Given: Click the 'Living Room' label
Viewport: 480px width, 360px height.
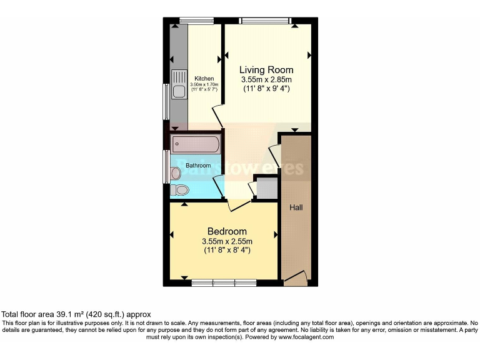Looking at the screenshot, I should (267, 70).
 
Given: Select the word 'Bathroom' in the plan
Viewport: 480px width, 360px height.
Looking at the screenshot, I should (197, 166).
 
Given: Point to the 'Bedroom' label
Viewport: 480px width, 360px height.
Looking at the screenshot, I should (227, 231).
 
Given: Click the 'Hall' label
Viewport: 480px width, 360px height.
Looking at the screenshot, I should (296, 207).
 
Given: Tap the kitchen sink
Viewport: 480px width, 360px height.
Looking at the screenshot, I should (179, 91).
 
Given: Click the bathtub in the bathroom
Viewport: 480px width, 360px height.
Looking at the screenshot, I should (195, 145).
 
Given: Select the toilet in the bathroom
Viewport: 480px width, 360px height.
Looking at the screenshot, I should (181, 189).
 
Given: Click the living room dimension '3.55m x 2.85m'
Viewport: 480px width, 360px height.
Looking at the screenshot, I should (267, 80).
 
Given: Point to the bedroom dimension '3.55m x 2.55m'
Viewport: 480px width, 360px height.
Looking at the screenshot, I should (227, 242).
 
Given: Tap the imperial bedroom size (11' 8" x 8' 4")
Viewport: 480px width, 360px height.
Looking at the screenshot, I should (227, 251).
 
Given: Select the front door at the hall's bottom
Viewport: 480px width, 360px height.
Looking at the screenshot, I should (295, 279).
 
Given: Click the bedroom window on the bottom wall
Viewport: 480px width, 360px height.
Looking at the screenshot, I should (224, 282).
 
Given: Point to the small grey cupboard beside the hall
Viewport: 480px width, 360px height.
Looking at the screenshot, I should (266, 188).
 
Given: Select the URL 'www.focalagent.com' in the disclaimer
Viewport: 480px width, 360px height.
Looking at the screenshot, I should (303, 337).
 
